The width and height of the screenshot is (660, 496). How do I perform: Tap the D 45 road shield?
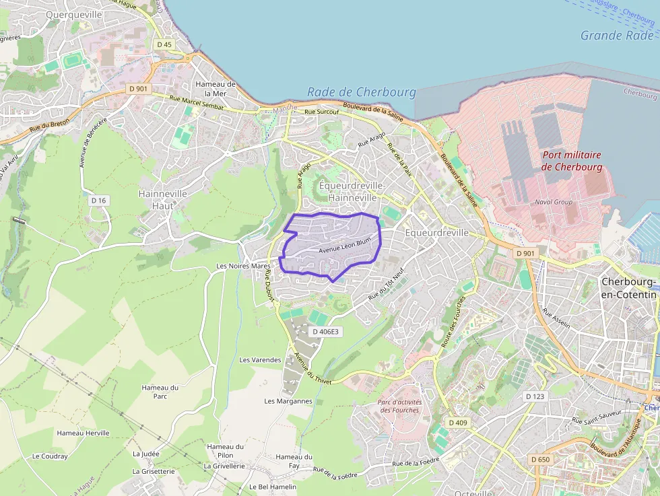[x=164, y=44]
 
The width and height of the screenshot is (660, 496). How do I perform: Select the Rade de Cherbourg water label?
[x=361, y=92]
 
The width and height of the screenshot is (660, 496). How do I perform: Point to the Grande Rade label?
[x=616, y=36]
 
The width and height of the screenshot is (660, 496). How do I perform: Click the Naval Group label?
[x=553, y=201]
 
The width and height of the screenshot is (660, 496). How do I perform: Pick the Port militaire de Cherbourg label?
[x=571, y=160]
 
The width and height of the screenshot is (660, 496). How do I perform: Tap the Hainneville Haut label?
[x=162, y=199]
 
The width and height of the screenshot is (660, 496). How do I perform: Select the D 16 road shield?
[x=99, y=201]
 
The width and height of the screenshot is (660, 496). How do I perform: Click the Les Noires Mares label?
[x=242, y=266]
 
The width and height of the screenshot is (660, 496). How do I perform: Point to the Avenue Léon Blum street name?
[x=345, y=246]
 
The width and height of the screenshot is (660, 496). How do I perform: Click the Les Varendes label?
[x=260, y=360]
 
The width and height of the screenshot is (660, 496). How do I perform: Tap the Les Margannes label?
[x=288, y=401]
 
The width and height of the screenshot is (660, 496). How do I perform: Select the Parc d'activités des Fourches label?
[x=400, y=406]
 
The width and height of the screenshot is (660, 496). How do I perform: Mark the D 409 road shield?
[x=457, y=423]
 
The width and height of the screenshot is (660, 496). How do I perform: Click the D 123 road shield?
[x=534, y=396]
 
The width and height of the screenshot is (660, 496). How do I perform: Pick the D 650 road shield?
[x=540, y=459]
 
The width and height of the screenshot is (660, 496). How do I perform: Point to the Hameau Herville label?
[x=83, y=433]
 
